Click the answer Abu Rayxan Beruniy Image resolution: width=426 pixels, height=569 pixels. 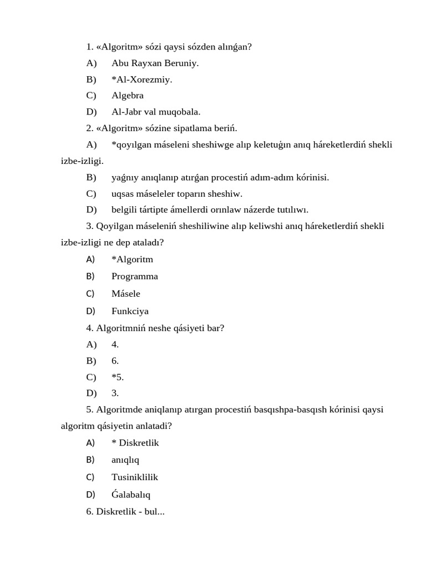coord(155,63)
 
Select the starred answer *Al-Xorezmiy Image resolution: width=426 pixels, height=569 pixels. coord(141,79)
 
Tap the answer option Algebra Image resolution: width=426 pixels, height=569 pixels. coord(128,96)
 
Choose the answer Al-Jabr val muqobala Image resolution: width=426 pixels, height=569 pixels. coord(156,112)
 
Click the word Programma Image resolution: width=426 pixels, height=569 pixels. coord(134,276)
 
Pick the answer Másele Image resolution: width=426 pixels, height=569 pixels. coord(126,293)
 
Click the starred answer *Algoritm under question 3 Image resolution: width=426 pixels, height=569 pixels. coord(132,259)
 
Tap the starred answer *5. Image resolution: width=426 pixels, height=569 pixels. coord(118,377)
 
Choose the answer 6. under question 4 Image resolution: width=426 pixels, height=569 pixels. coord(115,361)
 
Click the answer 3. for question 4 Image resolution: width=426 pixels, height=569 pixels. coord(115,393)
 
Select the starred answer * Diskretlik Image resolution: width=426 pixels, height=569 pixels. coord(135,443)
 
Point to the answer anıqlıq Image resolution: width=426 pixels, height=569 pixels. coord(125,460)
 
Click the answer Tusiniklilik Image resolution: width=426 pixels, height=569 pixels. coord(135,477)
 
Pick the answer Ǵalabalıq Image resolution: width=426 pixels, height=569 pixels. coord(131,495)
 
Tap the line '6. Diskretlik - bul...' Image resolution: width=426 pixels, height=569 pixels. coord(125,511)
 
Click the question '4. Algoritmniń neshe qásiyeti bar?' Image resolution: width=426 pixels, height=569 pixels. coord(155,328)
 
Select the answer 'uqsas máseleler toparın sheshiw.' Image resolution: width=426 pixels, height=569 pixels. coord(177,194)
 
